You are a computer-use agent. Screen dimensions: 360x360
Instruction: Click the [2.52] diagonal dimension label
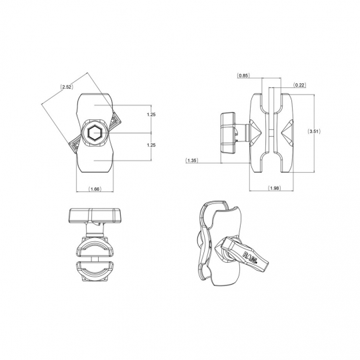[67, 87]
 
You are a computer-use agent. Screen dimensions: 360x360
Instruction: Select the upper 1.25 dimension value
[151, 115]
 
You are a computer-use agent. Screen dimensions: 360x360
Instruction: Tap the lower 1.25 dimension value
[151, 145]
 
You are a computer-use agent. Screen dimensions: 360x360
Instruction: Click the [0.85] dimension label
[244, 75]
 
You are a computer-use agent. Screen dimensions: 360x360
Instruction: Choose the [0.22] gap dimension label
[300, 85]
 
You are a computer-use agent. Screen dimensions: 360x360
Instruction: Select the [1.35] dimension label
[191, 160]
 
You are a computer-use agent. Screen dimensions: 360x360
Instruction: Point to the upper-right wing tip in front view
[115, 120]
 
